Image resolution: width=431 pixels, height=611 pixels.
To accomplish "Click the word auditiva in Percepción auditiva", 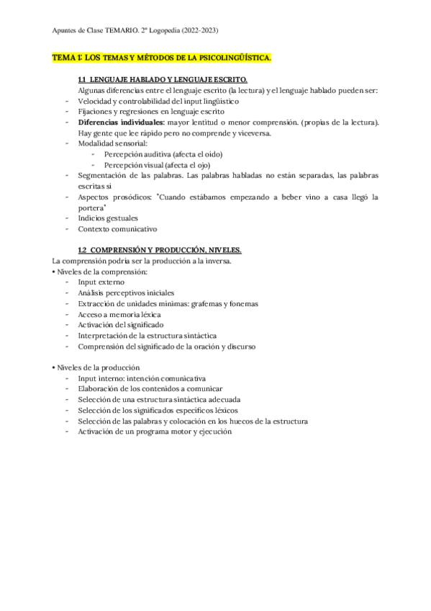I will point(156,154).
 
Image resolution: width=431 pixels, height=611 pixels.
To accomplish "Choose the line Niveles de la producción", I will point(95,367).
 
